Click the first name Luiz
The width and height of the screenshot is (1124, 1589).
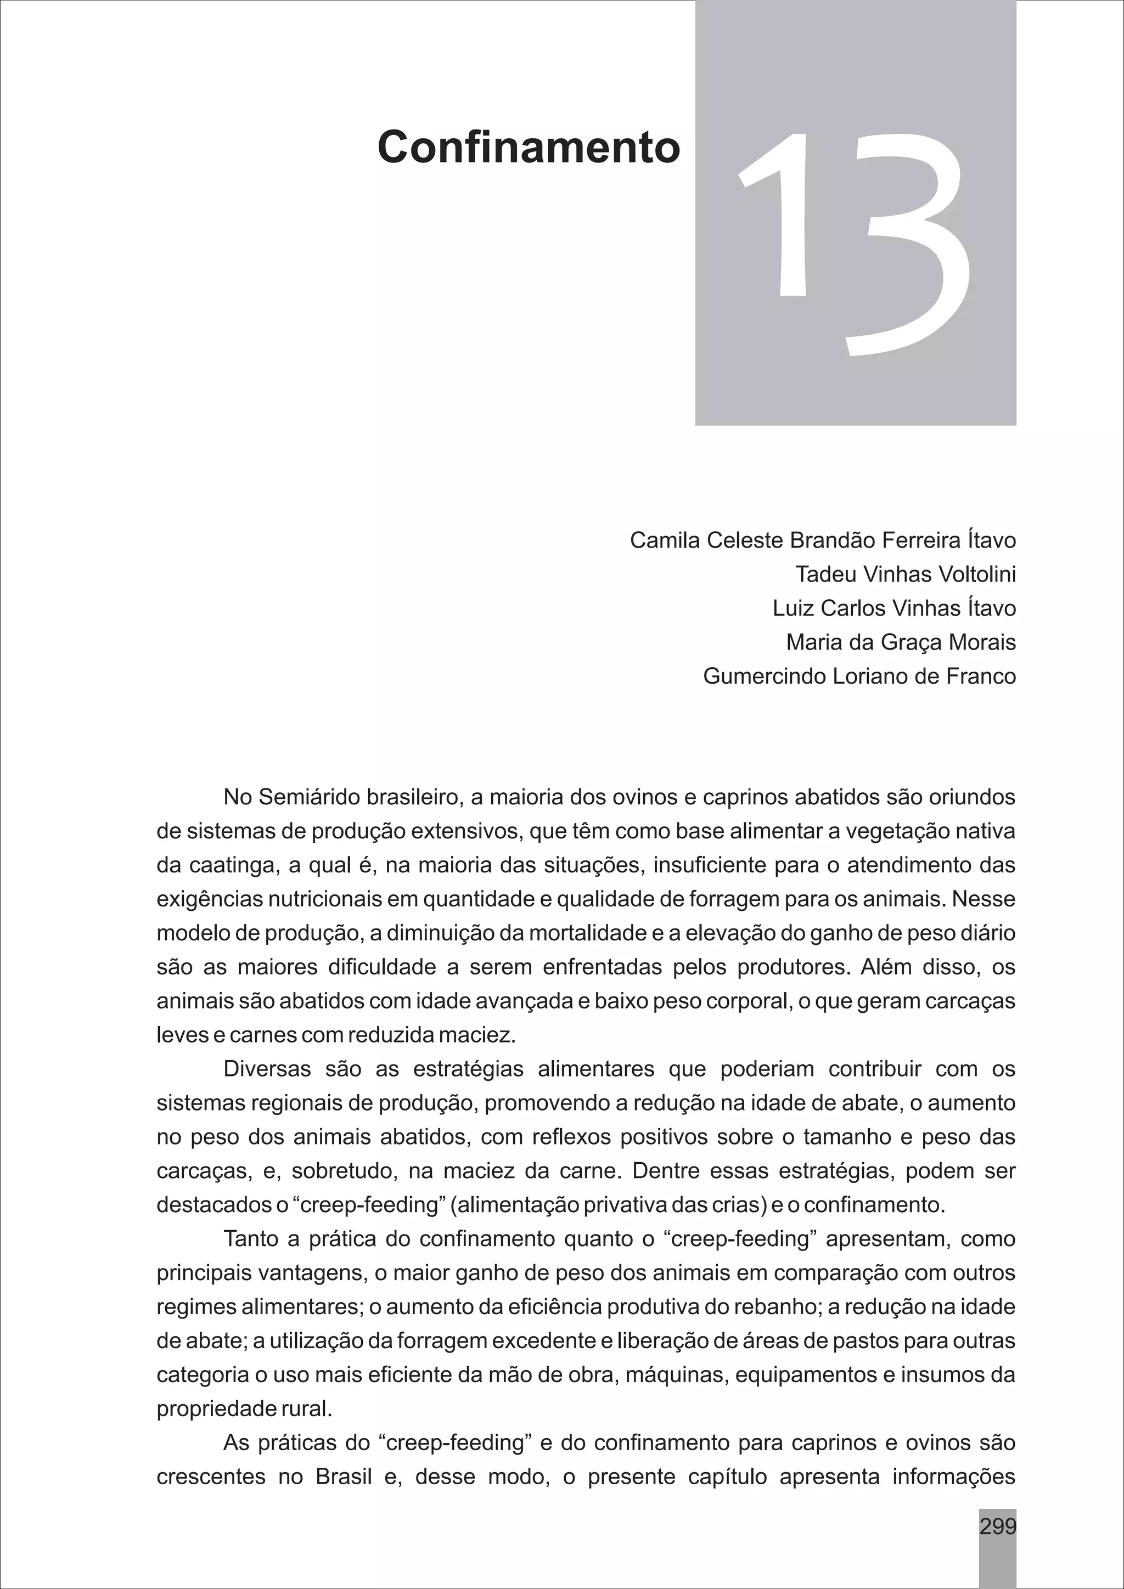[x=793, y=608]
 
